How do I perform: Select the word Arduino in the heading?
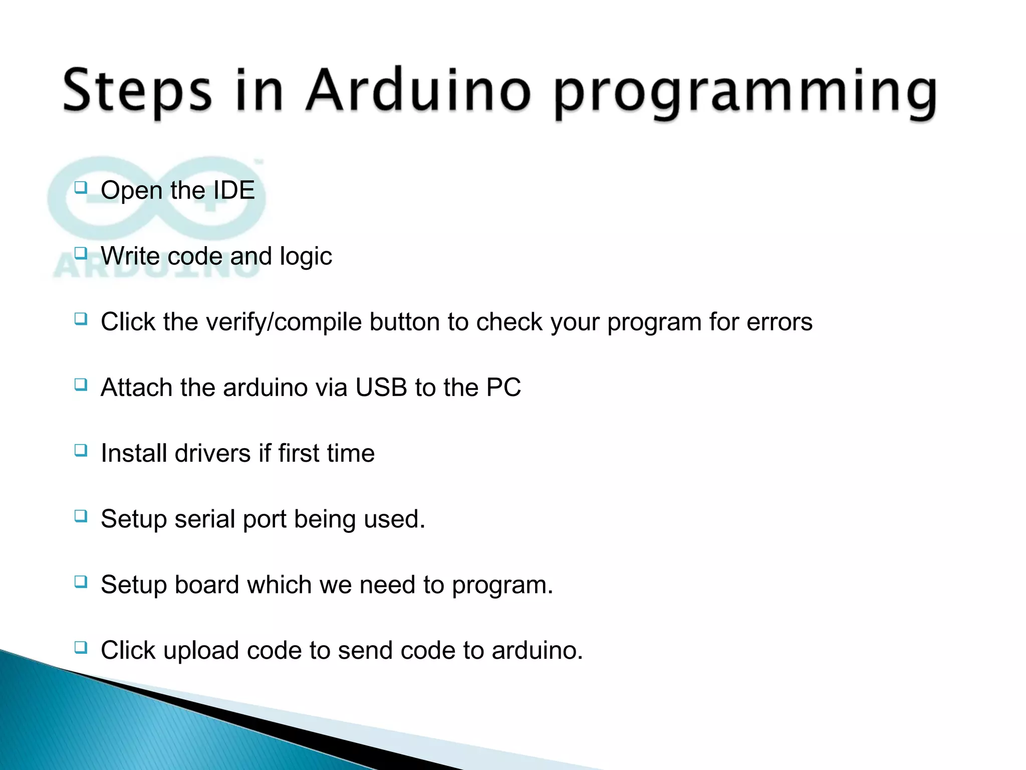(x=418, y=90)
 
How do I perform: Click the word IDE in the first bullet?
(x=234, y=190)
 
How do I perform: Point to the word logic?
(x=306, y=257)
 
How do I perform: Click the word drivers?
(x=212, y=453)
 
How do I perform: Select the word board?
(x=206, y=585)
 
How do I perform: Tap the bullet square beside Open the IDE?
(x=81, y=188)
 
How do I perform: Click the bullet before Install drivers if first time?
(x=81, y=451)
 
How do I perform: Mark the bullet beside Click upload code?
(x=81, y=648)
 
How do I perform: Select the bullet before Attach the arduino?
(x=81, y=385)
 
